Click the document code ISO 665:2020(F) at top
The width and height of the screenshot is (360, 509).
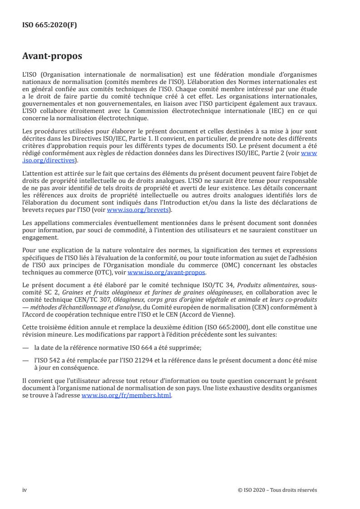pyautogui.click(x=49, y=25)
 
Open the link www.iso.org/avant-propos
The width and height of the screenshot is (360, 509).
pyautogui.click(x=167, y=273)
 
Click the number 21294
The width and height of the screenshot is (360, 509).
pyautogui.click(x=148, y=358)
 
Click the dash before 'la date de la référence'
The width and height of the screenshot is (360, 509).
pyautogui.click(x=25, y=347)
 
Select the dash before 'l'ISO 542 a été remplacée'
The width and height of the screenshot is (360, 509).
pyautogui.click(x=25, y=358)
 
